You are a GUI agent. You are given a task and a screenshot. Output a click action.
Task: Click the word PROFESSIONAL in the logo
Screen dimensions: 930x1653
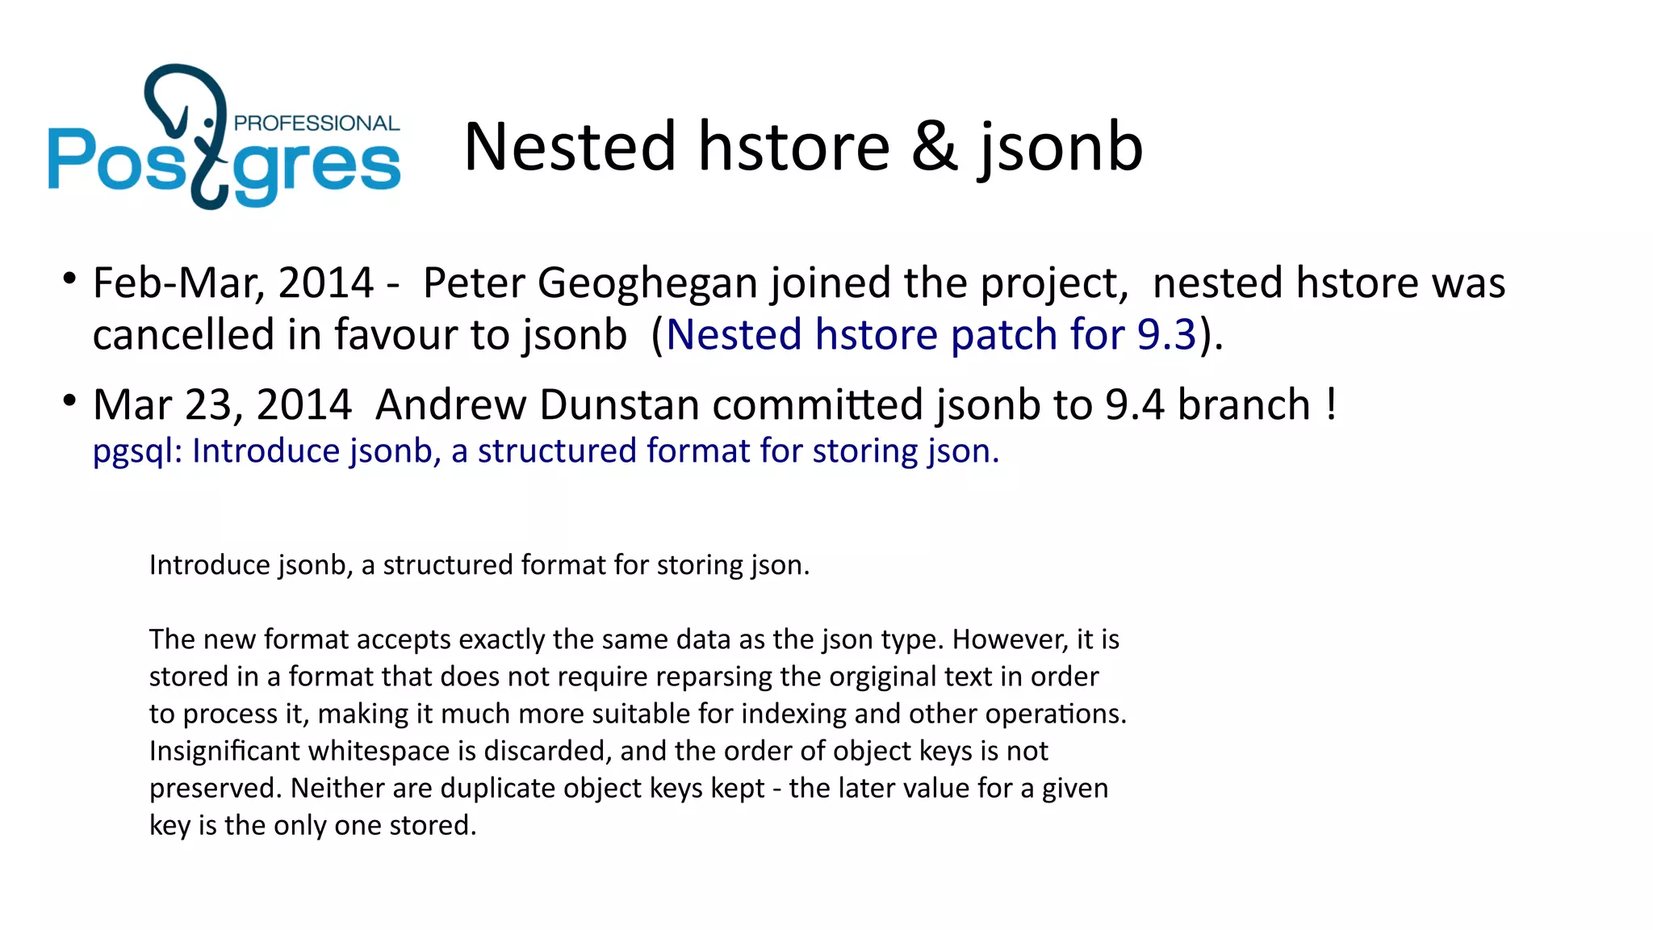[316, 124]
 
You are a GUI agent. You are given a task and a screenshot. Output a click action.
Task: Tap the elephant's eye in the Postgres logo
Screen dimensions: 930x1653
[209, 123]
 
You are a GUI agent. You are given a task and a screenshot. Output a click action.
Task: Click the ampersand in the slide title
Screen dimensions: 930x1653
[935, 147]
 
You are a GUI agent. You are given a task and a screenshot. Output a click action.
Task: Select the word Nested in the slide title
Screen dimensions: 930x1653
[570, 147]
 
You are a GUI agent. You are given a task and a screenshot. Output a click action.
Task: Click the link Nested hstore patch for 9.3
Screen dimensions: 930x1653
[931, 335]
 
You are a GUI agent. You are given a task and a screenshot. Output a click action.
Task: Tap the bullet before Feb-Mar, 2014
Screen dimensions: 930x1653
[69, 279]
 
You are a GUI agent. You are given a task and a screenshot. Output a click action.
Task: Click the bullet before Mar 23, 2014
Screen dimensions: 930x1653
[69, 400]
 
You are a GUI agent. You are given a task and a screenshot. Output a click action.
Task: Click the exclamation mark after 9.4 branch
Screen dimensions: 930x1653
[1330, 404]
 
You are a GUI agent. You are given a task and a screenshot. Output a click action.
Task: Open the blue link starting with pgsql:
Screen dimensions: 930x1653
[546, 451]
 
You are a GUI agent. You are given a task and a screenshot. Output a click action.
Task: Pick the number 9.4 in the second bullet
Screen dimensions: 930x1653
[1134, 404]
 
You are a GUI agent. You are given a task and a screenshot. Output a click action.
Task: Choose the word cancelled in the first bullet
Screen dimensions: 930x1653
[183, 335]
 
